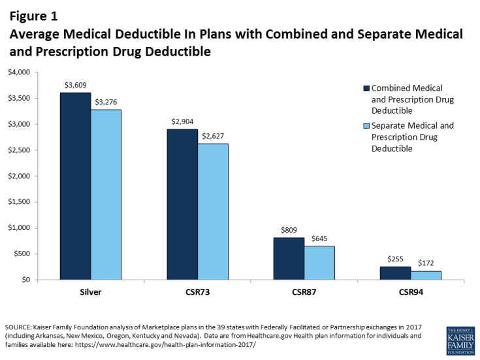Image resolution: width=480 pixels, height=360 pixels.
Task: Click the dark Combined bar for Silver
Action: pyautogui.click(x=75, y=186)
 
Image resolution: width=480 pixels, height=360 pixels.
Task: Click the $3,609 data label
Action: pyautogui.click(x=75, y=85)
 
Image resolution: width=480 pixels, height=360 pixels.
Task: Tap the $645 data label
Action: pyautogui.click(x=319, y=238)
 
